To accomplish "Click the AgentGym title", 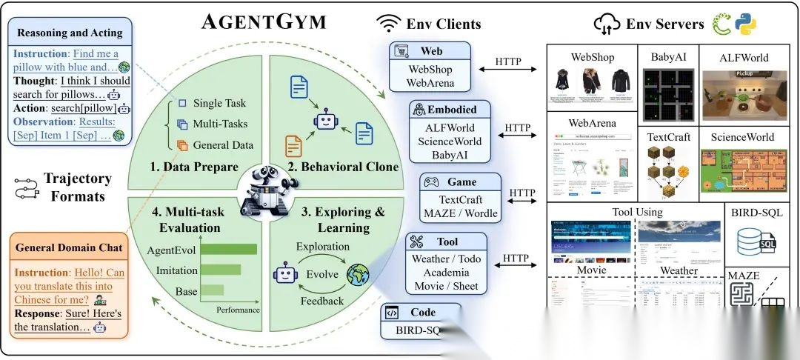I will coord(264,21).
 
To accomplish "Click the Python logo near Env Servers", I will coord(744,24).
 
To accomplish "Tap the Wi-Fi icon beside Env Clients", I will coord(389,23).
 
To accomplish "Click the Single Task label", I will coord(219,103).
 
